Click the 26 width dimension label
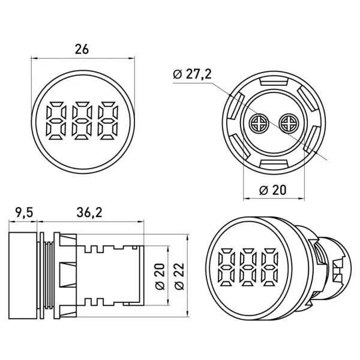82,49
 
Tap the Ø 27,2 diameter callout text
192,74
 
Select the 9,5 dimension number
25,213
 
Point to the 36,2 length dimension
89,213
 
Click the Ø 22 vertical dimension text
179,276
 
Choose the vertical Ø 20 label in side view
160,277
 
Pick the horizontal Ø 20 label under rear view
273,190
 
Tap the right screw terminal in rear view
288,123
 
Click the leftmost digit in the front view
56,121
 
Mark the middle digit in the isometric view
248,267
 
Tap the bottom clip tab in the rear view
274,164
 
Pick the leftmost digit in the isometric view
226,267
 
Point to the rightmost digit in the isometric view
270,267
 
